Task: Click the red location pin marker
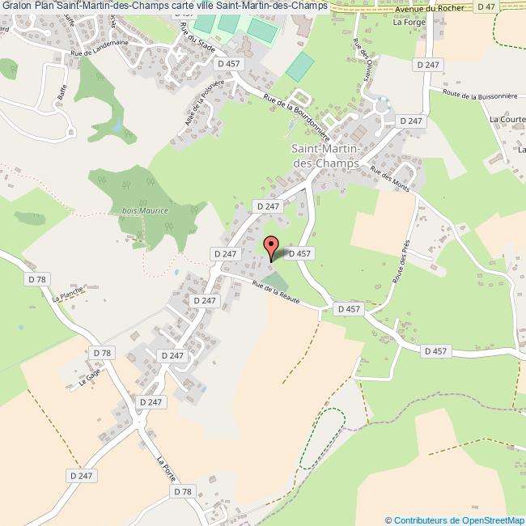coord(272,246)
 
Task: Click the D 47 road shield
coord(486,6)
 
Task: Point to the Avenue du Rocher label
coord(432,6)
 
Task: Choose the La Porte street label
coord(165,470)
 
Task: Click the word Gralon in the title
coord(16,6)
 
